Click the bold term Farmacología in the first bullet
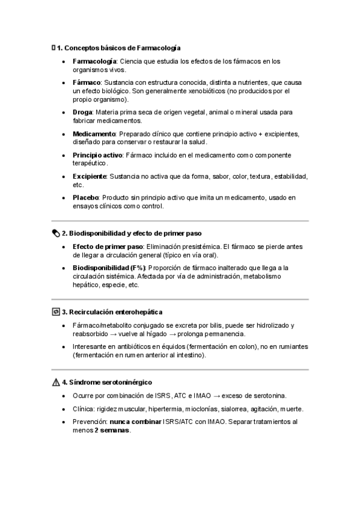coord(94,61)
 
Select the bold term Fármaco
coord(87,82)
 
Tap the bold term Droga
coord(83,112)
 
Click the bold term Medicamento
coord(94,134)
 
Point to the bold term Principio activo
coord(97,155)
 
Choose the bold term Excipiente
coord(90,176)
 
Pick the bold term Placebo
coord(86,197)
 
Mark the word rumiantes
coord(291,347)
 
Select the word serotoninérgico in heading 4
coord(123,382)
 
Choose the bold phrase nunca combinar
coord(139,422)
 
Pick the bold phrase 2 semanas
coord(112,431)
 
